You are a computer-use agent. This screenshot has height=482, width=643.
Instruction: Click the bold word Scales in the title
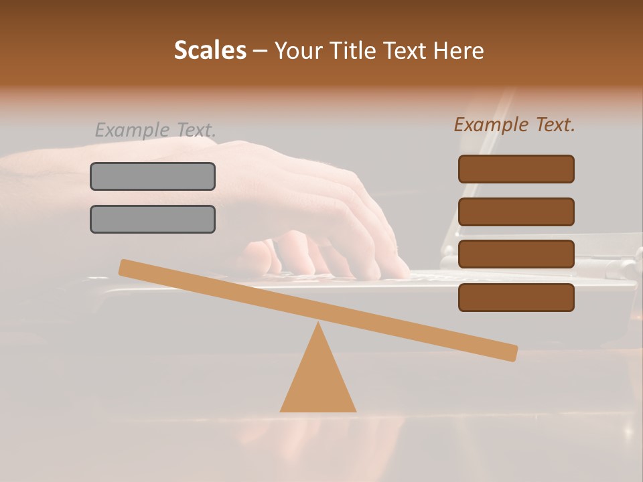210,51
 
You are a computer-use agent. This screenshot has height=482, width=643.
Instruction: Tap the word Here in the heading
459,51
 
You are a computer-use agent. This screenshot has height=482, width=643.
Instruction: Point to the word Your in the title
297,51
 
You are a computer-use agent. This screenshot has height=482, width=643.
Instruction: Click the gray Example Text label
155,130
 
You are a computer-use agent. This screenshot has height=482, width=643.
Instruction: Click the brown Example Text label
514,125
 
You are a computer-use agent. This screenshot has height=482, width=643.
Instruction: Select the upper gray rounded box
153,176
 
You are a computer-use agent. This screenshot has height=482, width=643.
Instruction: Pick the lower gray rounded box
153,219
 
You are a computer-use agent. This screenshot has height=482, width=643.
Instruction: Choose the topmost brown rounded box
516,169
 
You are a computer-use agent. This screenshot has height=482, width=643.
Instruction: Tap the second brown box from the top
516,212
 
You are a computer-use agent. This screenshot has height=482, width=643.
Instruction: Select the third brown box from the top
516,254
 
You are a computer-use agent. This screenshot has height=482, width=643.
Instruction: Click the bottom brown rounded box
516,297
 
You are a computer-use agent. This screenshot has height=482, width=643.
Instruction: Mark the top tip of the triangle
317,325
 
